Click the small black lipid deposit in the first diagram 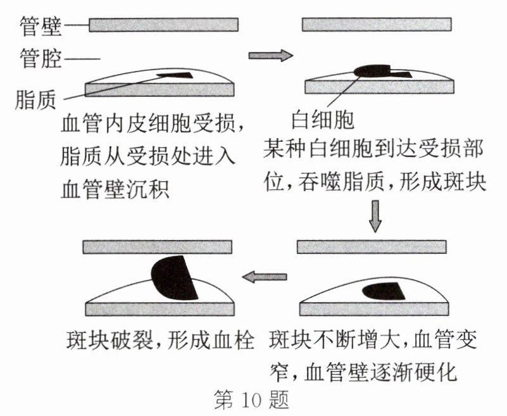pyautogui.click(x=175, y=75)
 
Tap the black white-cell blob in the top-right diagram pyautogui.click(x=373, y=69)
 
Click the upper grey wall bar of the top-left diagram pyautogui.click(x=163, y=24)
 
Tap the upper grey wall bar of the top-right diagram pyautogui.click(x=377, y=24)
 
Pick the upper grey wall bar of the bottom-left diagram pyautogui.click(x=158, y=246)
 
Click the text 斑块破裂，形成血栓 pyautogui.click(x=164, y=342)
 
